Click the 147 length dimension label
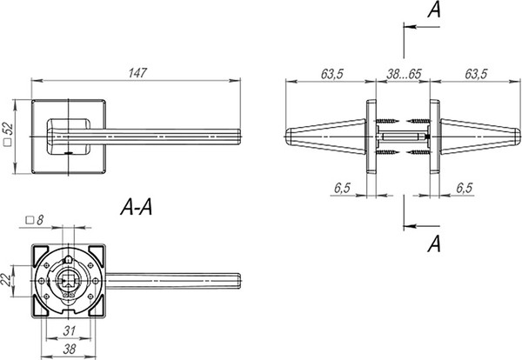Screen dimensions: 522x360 coord(137,73)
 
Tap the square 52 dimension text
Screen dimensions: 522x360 coord(8,134)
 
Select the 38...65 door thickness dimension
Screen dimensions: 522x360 coord(404,74)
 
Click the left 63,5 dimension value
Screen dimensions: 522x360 coord(332,74)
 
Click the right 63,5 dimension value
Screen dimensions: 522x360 coord(476,74)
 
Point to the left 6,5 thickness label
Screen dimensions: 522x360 coord(343,188)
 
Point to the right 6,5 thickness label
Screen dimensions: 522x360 coord(465,188)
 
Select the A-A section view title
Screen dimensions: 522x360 coord(137,207)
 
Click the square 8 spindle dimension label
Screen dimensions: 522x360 coord(35,220)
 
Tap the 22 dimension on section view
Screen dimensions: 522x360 coord(6,280)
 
